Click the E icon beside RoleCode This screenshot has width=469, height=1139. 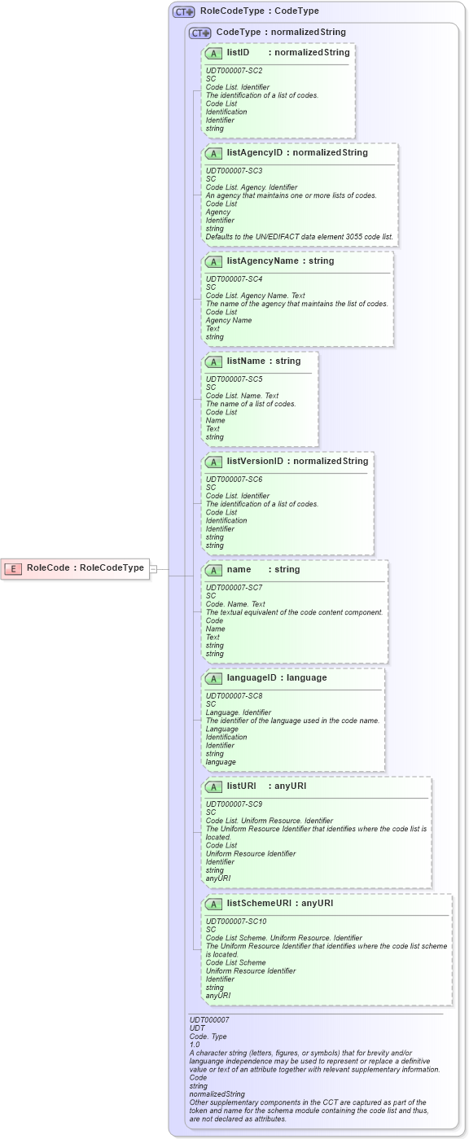point(14,568)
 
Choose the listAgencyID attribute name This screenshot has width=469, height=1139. point(255,152)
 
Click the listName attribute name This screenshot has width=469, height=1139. point(246,361)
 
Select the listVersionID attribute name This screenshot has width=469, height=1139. point(255,461)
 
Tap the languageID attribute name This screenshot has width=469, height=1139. point(252,677)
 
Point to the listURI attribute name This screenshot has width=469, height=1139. point(242,786)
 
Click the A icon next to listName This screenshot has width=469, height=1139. point(214,361)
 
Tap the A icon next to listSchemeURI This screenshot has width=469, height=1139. point(214,904)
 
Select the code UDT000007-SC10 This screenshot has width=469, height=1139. point(236,922)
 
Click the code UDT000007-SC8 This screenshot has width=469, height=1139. point(234,696)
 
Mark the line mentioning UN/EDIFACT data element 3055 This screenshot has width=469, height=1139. point(299,237)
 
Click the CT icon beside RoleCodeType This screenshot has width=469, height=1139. point(183,12)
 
